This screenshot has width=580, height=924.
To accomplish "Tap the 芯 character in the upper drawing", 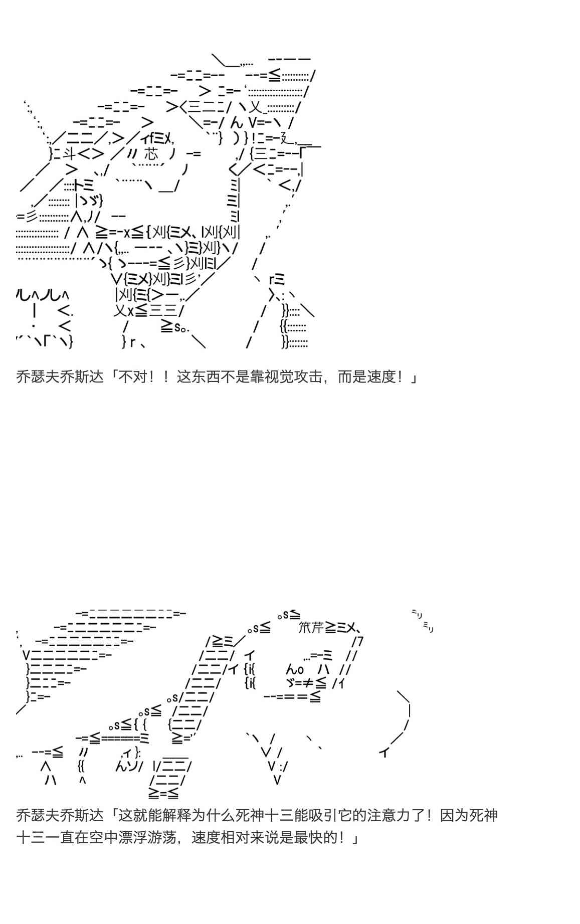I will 150,154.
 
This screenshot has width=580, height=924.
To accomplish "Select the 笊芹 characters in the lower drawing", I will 311,627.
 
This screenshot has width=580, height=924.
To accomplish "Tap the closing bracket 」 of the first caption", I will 414,377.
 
